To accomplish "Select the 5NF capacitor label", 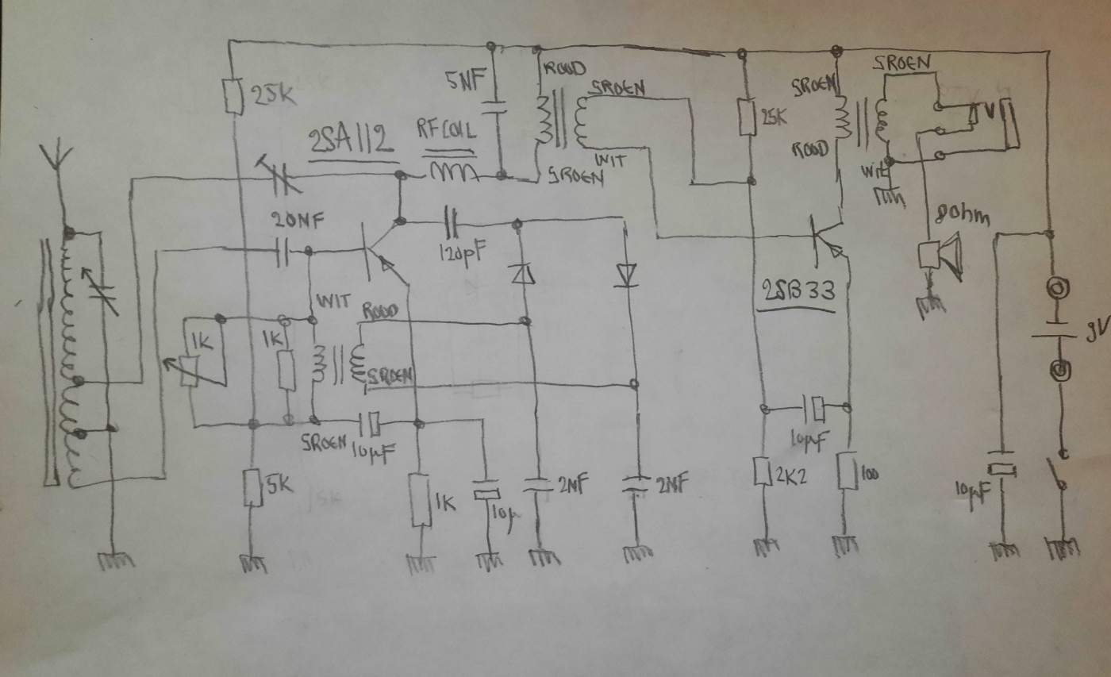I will (x=464, y=79).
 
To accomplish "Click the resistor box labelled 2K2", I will (x=763, y=472).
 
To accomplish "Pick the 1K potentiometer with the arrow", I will (x=187, y=365).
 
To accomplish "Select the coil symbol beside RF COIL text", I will (x=453, y=172).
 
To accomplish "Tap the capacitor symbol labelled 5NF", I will (x=494, y=105).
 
